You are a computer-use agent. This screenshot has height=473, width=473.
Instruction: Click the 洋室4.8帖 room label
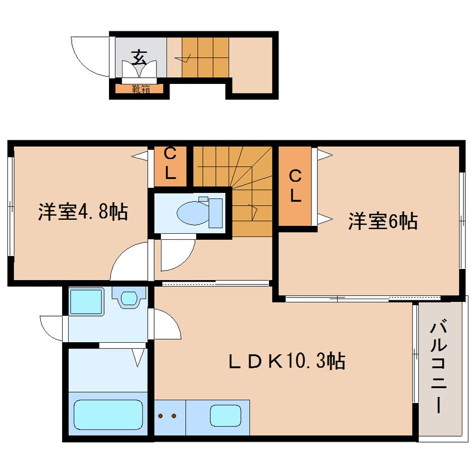[83, 212]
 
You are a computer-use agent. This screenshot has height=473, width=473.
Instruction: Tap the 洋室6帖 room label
[382, 221]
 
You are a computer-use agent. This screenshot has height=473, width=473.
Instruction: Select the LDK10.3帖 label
[286, 361]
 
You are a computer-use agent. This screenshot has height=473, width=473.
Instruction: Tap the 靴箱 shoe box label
[140, 88]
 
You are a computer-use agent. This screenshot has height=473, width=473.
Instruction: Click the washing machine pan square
[86, 302]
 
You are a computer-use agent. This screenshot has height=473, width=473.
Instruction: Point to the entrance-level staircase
[205, 57]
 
